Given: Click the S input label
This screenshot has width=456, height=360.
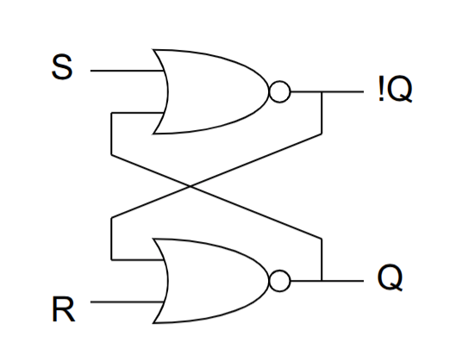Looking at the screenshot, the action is (62, 67).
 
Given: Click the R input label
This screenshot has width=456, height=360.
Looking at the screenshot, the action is (64, 309).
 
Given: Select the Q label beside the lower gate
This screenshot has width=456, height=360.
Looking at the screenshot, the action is (390, 277).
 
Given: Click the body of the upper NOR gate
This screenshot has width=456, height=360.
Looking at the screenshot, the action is (212, 91).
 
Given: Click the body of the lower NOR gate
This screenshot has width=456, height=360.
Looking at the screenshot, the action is (212, 281).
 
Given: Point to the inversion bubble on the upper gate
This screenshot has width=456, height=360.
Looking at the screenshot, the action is (280, 91).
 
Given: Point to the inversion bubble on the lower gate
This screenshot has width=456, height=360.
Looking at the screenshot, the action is (280, 281).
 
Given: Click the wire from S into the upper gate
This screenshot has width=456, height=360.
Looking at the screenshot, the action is (127, 71).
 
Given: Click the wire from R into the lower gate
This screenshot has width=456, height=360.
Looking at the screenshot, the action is (127, 302).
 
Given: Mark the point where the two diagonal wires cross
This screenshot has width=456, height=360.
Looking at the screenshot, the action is (191, 186).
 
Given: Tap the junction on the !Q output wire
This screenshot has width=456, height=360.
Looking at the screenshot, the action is (322, 92).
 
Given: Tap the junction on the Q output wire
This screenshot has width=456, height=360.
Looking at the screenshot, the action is (322, 281).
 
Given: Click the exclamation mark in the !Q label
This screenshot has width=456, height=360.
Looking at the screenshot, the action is (381, 89).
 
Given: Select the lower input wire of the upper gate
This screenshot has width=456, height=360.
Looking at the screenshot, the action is (137, 113).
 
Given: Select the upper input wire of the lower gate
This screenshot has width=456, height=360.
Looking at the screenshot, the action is (137, 259).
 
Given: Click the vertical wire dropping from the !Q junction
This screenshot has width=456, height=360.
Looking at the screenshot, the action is (322, 113).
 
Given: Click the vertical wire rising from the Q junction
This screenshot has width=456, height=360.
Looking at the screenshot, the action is (322, 260).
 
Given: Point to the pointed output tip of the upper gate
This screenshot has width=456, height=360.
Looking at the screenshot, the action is (268, 91).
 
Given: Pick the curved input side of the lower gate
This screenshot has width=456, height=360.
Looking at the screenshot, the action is (167, 281).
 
